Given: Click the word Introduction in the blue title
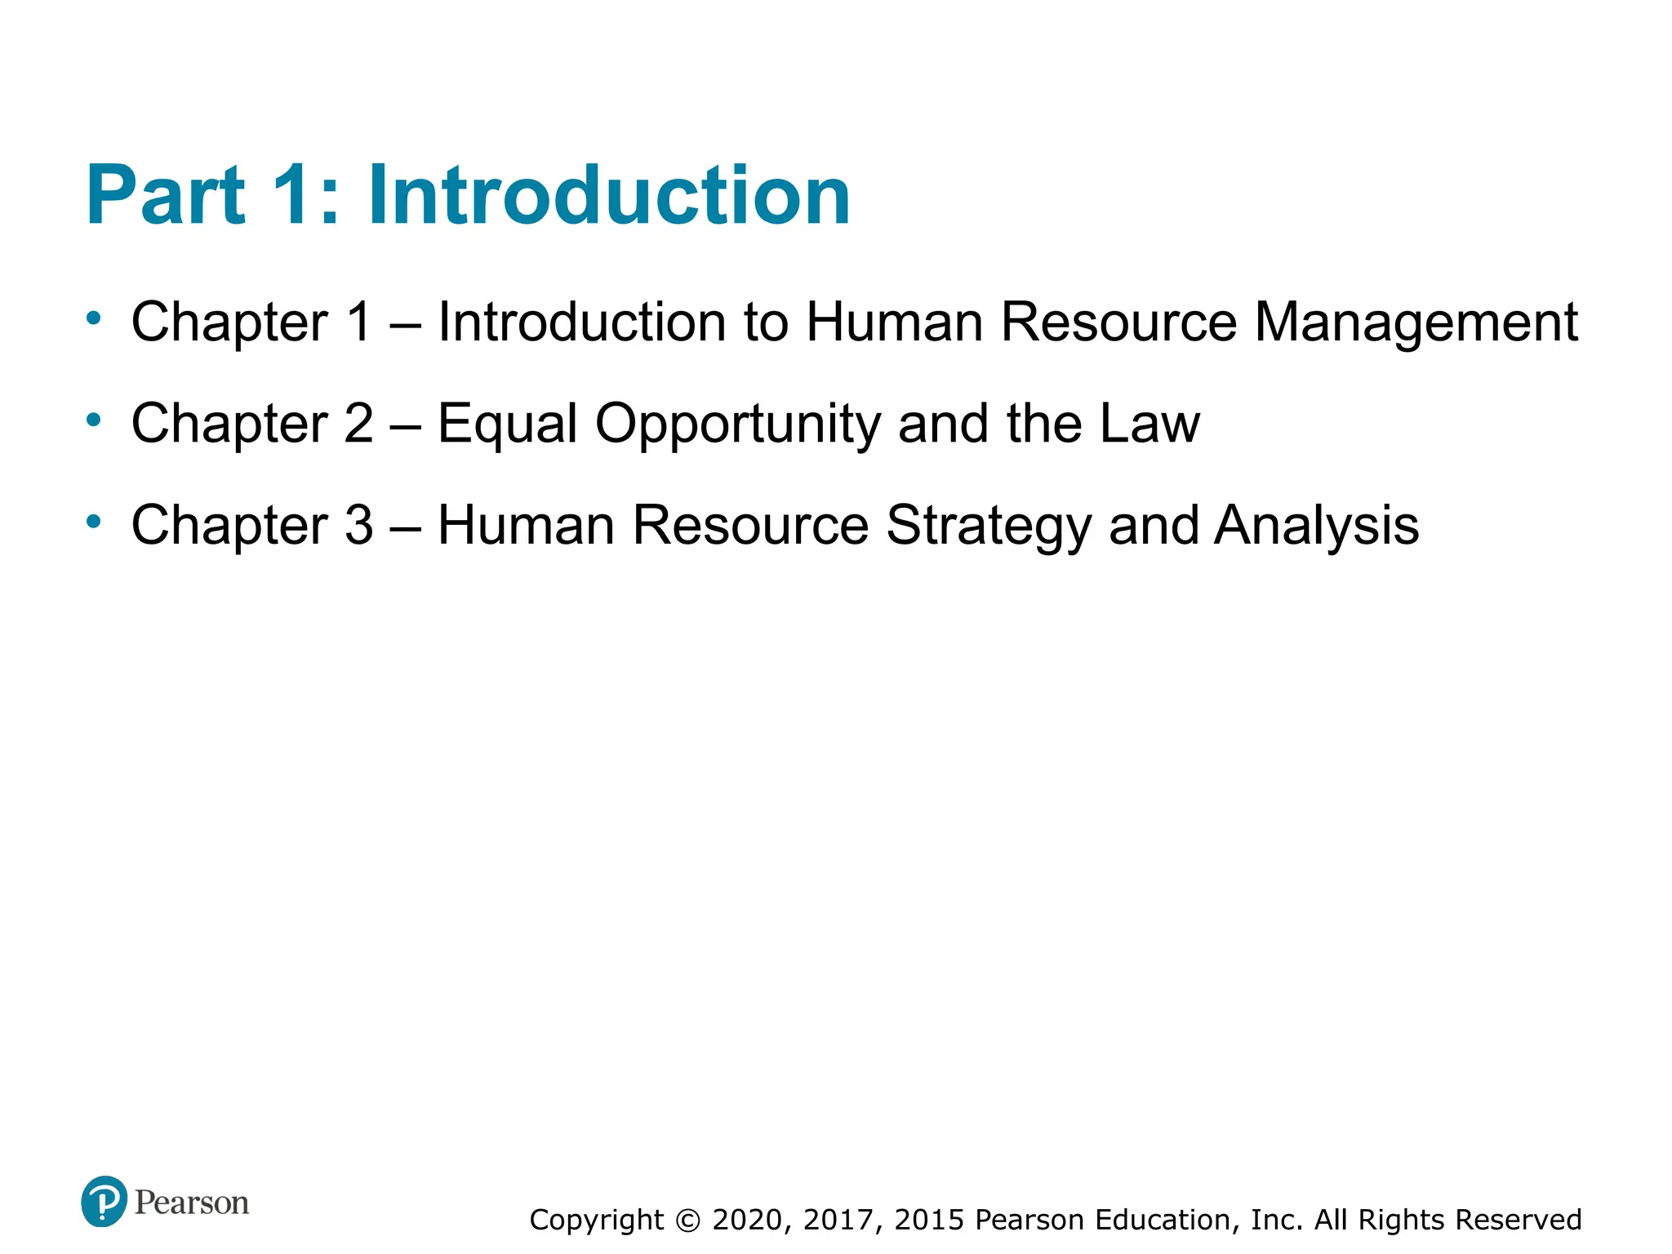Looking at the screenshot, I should [x=609, y=196].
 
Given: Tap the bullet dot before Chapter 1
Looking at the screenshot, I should [x=94, y=318].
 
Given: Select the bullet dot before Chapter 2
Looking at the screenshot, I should [x=94, y=420].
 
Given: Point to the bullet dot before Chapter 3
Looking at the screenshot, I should [x=94, y=521].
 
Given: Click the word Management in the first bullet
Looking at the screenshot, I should [x=1416, y=322].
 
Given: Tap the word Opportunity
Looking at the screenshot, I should [x=738, y=425].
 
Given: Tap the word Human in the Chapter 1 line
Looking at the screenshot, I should [x=894, y=322].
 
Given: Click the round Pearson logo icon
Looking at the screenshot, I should [x=104, y=1202].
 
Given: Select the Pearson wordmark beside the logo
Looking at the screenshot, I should [x=192, y=1203].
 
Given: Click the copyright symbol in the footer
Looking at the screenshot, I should [x=688, y=1221].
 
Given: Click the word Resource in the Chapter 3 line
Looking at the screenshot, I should [x=751, y=525].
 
